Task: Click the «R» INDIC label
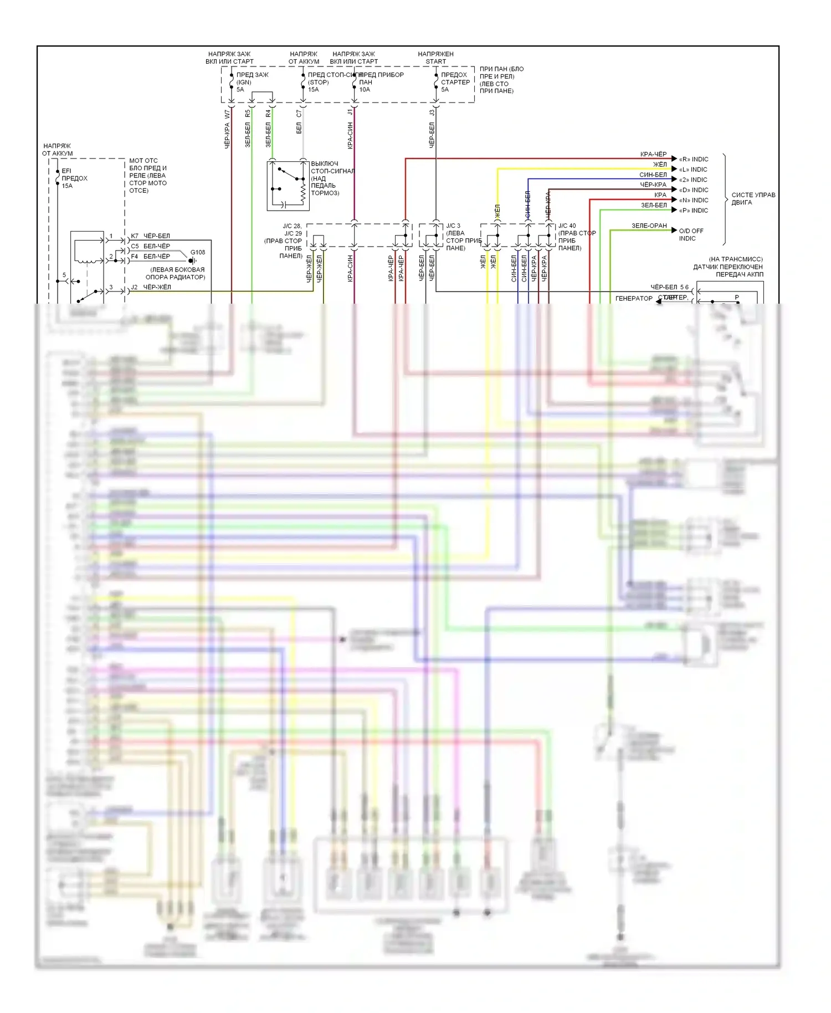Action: tap(694, 159)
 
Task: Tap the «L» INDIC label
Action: tap(693, 170)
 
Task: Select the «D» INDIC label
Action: tap(694, 190)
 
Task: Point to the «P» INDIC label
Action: tap(694, 211)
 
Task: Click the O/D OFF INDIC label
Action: tap(691, 234)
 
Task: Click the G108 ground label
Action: tap(198, 253)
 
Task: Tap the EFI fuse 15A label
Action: tap(74, 178)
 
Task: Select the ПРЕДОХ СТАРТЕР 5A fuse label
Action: tap(455, 82)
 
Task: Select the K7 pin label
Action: tap(135, 236)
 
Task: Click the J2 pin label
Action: tap(134, 288)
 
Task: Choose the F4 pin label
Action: tap(135, 257)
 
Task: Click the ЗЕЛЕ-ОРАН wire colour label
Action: tap(649, 226)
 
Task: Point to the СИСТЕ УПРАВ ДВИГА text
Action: tap(753, 198)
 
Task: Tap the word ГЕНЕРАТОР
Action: tap(634, 299)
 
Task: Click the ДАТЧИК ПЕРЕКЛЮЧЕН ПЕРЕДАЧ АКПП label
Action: tap(728, 267)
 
